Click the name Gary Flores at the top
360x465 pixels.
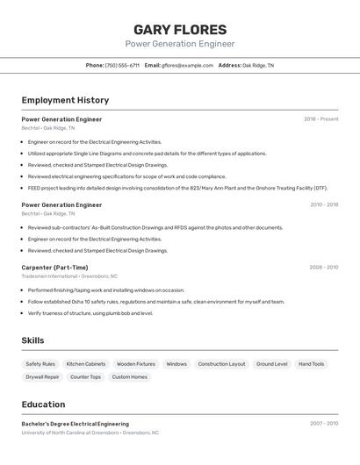pyautogui.click(x=180, y=30)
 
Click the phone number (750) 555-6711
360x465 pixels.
pyautogui.click(x=122, y=65)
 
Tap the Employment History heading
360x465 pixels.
pyautogui.click(x=65, y=100)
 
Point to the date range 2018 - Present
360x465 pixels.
pyautogui.click(x=321, y=119)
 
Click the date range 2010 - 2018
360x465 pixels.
pyautogui.click(x=324, y=204)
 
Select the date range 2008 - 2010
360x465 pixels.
pyautogui.click(x=324, y=268)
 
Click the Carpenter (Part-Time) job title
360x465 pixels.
pyautogui.click(x=54, y=268)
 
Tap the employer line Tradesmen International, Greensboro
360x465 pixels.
pyautogui.click(x=69, y=276)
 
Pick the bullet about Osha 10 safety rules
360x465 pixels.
pyautogui.click(x=156, y=301)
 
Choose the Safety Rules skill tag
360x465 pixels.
pyautogui.click(x=40, y=363)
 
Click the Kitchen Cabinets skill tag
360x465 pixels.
pyautogui.click(x=86, y=363)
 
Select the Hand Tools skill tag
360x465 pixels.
pyautogui.click(x=311, y=363)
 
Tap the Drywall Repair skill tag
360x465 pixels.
pyautogui.click(x=42, y=376)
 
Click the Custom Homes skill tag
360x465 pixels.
pyautogui.click(x=128, y=376)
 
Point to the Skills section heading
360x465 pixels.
pyautogui.click(x=32, y=340)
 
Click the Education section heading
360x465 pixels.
pyautogui.click(x=43, y=404)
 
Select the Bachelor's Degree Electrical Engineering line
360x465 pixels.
pyautogui.click(x=75, y=424)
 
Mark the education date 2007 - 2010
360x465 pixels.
pyautogui.click(x=324, y=424)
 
